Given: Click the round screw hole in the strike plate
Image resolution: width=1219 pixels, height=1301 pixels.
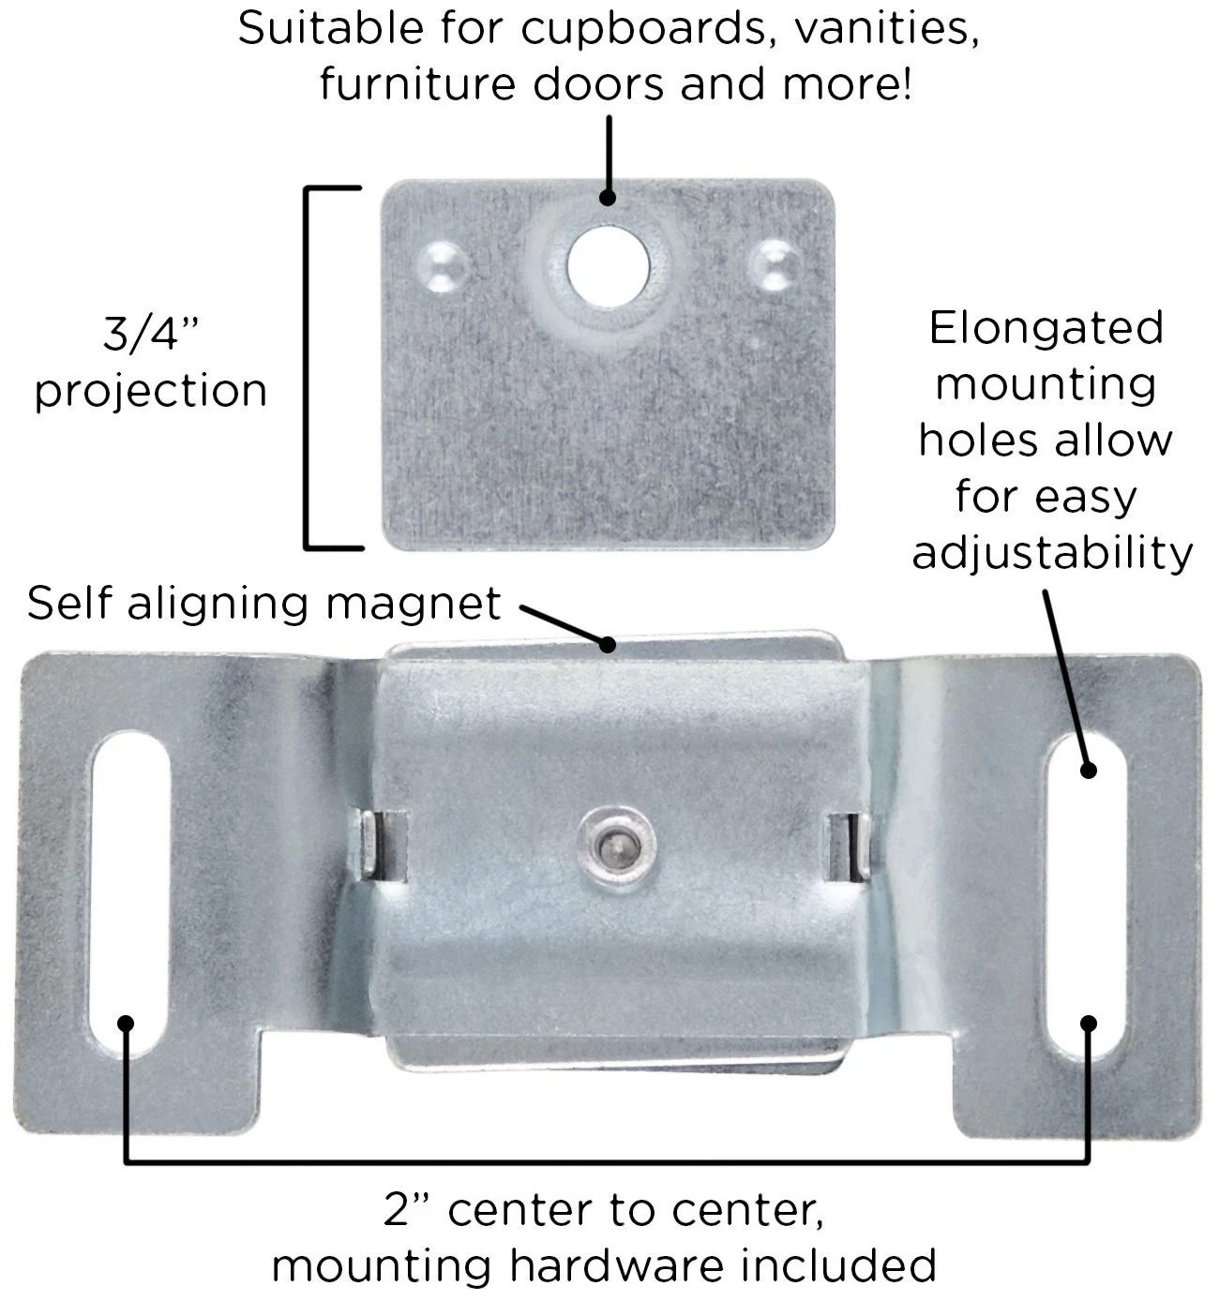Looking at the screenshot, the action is click(x=609, y=266).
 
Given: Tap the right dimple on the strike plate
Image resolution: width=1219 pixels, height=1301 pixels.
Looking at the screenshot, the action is click(x=776, y=264).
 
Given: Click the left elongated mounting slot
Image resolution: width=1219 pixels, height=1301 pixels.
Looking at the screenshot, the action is click(x=129, y=894).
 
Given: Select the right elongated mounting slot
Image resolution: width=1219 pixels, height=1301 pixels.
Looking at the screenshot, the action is click(x=1085, y=899).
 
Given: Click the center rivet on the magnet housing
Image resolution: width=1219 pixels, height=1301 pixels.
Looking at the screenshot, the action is click(x=616, y=845).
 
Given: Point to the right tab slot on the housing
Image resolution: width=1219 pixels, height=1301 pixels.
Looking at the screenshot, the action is click(x=849, y=846).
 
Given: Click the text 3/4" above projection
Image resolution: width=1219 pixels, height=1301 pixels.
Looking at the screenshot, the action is click(x=151, y=334).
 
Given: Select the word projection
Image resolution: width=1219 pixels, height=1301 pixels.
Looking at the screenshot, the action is click(x=151, y=393).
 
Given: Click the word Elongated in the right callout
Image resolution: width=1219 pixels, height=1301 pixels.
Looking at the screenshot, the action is click(x=1046, y=330).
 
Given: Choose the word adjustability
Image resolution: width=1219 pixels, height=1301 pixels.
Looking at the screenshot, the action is click(x=1052, y=554).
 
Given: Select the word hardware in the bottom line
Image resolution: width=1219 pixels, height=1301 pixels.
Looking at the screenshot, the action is click(x=616, y=1265).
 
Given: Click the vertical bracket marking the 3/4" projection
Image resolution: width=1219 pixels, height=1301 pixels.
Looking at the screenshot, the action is click(x=307, y=367).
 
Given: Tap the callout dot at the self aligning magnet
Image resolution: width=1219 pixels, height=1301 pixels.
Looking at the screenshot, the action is click(x=609, y=644).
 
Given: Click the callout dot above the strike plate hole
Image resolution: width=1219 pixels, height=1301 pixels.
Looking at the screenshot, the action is click(x=609, y=198).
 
